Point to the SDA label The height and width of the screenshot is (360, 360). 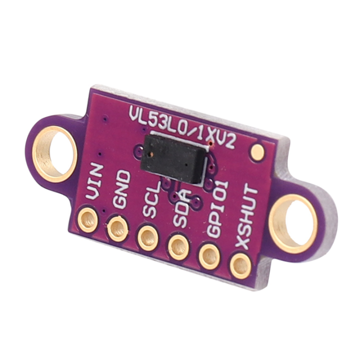180,206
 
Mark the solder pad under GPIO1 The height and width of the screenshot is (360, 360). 210,256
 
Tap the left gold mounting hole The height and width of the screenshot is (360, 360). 54,153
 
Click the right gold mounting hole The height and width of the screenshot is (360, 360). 293,223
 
